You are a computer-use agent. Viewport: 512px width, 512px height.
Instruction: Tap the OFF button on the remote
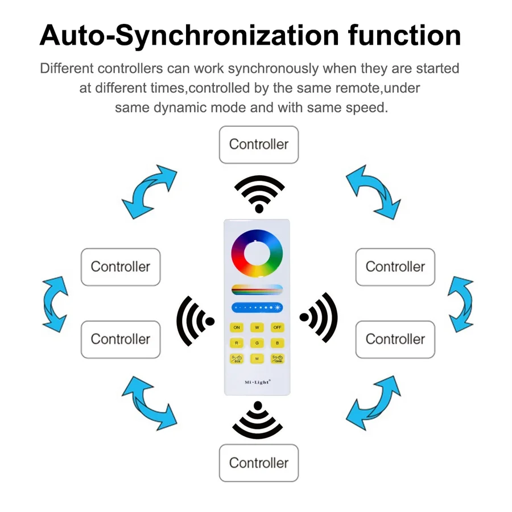pos(276,327)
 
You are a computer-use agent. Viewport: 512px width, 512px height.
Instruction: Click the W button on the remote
pos(257,327)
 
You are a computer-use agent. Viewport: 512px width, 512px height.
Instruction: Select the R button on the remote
pos(237,342)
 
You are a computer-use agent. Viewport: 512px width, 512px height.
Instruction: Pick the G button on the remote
pos(257,342)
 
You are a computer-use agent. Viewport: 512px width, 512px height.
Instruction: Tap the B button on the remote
pos(276,342)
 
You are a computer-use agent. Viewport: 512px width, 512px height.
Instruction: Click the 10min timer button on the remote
pos(276,358)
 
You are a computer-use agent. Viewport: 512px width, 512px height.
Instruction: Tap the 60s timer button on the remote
pos(237,358)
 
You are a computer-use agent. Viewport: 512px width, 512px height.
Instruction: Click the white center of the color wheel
pos(257,255)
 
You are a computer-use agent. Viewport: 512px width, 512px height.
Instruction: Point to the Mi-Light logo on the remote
pos(257,382)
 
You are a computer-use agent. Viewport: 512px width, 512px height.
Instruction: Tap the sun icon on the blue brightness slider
pos(278,308)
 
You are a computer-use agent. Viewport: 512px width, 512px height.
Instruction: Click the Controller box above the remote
pos(259,144)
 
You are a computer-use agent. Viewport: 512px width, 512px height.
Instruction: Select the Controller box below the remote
pos(259,463)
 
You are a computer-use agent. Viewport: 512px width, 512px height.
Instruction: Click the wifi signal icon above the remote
pos(259,193)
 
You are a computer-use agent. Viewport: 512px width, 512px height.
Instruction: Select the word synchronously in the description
pos(272,69)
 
